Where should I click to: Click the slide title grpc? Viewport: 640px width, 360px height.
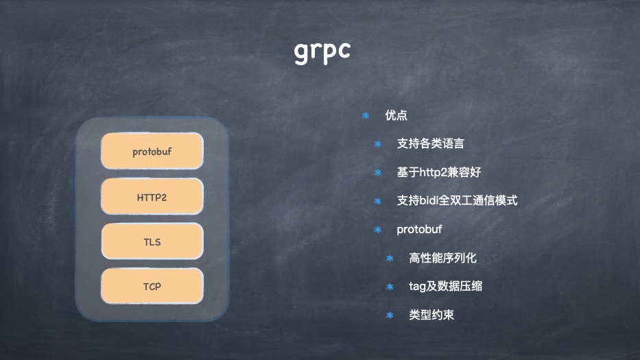[x=322, y=50]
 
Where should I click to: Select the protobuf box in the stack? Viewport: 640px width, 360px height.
[x=152, y=152]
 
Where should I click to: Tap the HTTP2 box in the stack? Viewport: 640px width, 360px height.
[x=152, y=197]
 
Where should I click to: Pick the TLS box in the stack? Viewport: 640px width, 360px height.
[x=152, y=241]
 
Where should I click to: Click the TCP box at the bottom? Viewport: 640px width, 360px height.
[x=152, y=286]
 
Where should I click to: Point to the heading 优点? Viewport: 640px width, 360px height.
[x=396, y=115]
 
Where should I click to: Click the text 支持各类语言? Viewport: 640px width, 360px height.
[x=430, y=144]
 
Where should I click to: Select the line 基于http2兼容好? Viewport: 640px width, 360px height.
[x=443, y=172]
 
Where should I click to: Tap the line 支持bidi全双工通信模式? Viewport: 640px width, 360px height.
[x=457, y=201]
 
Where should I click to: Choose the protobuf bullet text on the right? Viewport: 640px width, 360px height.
[x=419, y=230]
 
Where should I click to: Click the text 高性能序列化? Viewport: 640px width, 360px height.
[x=442, y=258]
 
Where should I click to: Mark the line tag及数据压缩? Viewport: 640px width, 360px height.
[x=445, y=286]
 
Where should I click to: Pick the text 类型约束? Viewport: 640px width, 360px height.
[x=431, y=315]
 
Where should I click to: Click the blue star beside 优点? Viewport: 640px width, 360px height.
[x=366, y=115]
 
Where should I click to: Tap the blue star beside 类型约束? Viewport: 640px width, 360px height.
[x=390, y=315]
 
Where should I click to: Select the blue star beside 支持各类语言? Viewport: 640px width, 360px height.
[x=377, y=144]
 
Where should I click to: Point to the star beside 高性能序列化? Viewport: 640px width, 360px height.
[x=390, y=258]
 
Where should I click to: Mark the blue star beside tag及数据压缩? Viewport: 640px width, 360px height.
[x=390, y=286]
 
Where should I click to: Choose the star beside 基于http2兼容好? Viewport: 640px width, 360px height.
[x=377, y=172]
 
